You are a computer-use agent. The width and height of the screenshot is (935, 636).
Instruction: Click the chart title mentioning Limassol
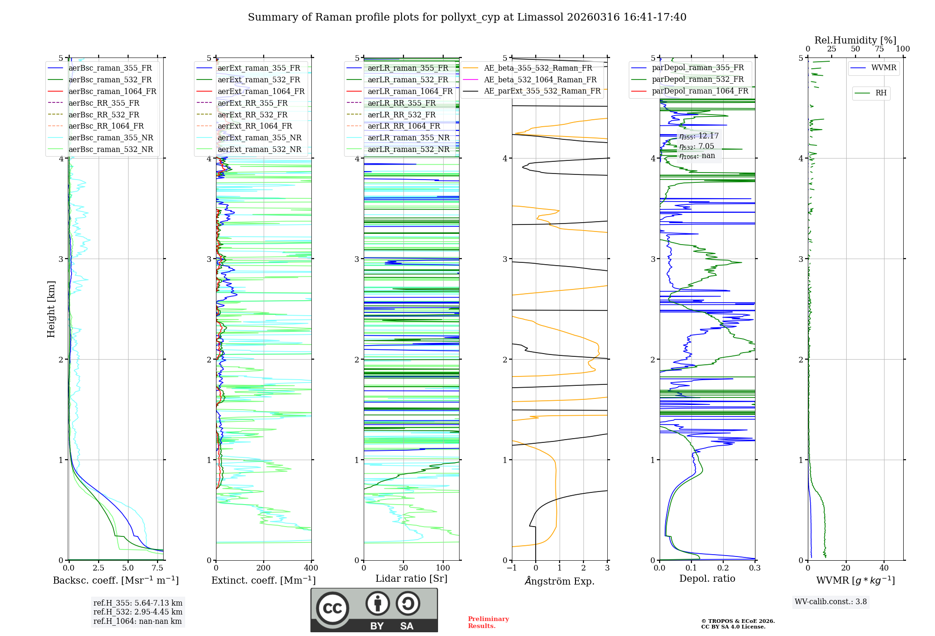[x=467, y=17]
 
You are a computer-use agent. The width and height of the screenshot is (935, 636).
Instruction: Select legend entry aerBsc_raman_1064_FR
[x=112, y=91]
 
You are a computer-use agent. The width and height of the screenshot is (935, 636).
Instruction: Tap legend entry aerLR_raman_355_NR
[x=408, y=137]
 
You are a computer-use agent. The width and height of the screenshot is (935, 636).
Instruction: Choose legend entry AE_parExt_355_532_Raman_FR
[x=542, y=91]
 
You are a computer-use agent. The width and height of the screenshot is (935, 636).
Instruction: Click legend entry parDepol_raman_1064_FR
[x=700, y=91]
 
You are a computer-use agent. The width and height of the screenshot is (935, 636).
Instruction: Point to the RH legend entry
[x=881, y=93]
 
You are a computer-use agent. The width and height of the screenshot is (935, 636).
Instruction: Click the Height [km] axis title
[x=51, y=309]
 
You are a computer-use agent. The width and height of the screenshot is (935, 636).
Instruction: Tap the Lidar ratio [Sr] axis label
[x=411, y=578]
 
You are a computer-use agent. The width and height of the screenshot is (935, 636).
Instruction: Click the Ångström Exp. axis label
[x=560, y=581]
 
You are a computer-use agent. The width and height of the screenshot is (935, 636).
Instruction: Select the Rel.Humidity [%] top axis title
[x=855, y=40]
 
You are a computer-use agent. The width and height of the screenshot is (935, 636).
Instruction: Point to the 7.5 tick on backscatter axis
[x=158, y=568]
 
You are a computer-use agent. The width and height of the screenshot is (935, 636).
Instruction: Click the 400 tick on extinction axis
[x=311, y=568]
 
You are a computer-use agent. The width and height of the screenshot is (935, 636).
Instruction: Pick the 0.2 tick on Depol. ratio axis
[x=723, y=568]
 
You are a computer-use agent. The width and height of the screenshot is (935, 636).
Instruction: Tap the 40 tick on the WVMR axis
[x=884, y=568]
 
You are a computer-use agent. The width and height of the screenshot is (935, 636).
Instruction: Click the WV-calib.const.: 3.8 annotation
[x=831, y=602]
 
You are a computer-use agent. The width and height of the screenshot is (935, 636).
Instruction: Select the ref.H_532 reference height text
[x=138, y=612]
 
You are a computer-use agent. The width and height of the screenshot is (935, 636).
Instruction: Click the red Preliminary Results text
[x=488, y=622]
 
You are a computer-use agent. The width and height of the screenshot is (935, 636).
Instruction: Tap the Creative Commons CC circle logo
[x=332, y=608]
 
